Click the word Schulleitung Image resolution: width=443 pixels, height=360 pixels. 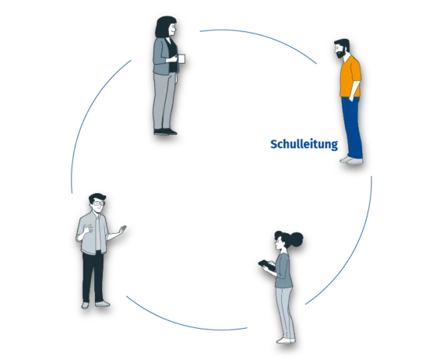[304, 144]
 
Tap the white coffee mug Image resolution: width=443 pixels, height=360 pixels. [181, 58]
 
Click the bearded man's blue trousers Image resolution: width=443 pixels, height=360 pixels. [353, 127]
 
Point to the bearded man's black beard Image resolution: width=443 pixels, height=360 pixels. [341, 53]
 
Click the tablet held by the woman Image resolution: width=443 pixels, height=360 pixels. [267, 265]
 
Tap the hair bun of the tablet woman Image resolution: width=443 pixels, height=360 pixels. [296, 239]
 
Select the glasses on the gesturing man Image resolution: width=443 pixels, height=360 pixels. [99, 203]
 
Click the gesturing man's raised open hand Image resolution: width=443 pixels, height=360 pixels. [122, 229]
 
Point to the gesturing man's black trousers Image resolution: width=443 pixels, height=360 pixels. [93, 277]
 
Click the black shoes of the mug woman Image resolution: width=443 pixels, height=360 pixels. [166, 132]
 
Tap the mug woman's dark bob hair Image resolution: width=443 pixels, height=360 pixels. [164, 26]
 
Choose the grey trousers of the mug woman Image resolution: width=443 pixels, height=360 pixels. [164, 101]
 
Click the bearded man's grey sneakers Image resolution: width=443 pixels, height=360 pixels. [351, 161]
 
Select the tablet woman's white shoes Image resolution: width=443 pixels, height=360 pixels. [286, 341]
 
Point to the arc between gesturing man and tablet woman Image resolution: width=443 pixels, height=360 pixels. [184, 323]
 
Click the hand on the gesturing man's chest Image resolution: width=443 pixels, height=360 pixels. [88, 228]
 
